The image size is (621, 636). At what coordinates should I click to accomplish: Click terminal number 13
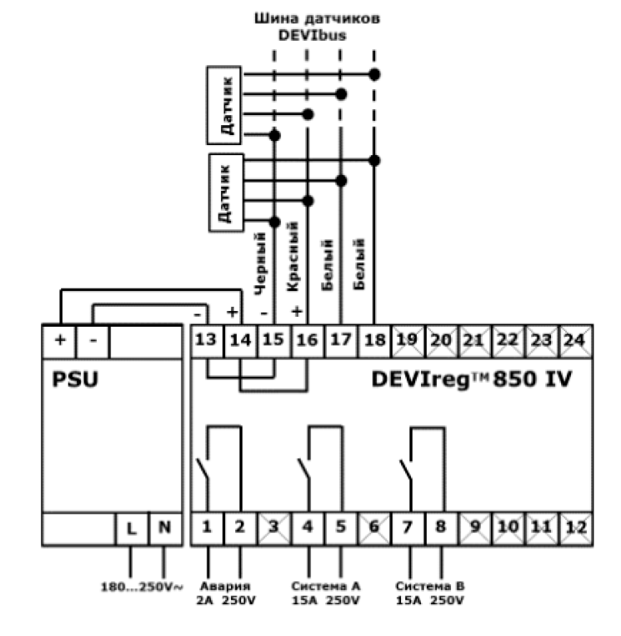pos(207,340)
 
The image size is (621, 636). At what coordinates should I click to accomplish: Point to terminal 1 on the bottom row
pos(207,528)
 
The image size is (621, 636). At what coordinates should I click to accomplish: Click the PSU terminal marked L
pos(131,528)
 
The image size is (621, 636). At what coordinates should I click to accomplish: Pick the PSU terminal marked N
pos(164,528)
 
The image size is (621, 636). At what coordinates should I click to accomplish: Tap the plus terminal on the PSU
pos(59,340)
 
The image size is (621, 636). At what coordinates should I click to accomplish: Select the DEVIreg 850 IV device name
pos(471,379)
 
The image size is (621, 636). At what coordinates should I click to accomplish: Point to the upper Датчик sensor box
pos(225,104)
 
